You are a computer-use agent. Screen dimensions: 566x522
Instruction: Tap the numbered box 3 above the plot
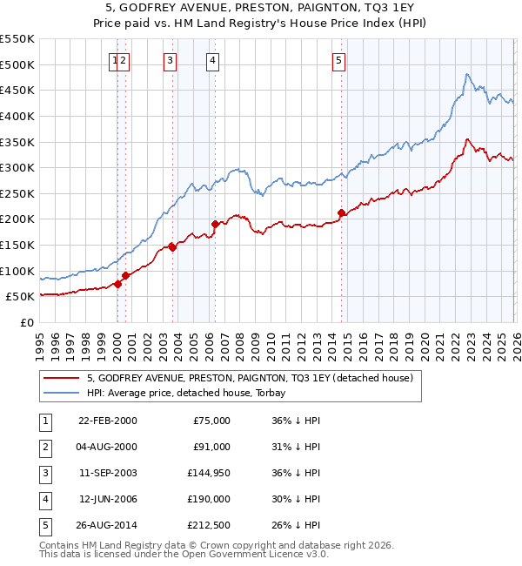[x=169, y=60]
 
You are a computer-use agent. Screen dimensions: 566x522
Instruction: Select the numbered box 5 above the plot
[x=338, y=60]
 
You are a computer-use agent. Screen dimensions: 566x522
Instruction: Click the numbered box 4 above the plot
[x=212, y=60]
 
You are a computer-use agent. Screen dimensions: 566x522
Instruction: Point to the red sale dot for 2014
[x=342, y=212]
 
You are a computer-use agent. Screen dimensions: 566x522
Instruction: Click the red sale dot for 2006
[x=215, y=224]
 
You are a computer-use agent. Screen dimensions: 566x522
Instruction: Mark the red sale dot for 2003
[x=172, y=247]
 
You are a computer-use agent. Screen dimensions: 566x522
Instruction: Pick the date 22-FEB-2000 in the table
[x=107, y=421]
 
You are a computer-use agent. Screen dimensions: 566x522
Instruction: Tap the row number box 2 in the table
[x=43, y=447]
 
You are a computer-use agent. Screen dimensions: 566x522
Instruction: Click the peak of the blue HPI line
[x=467, y=74]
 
